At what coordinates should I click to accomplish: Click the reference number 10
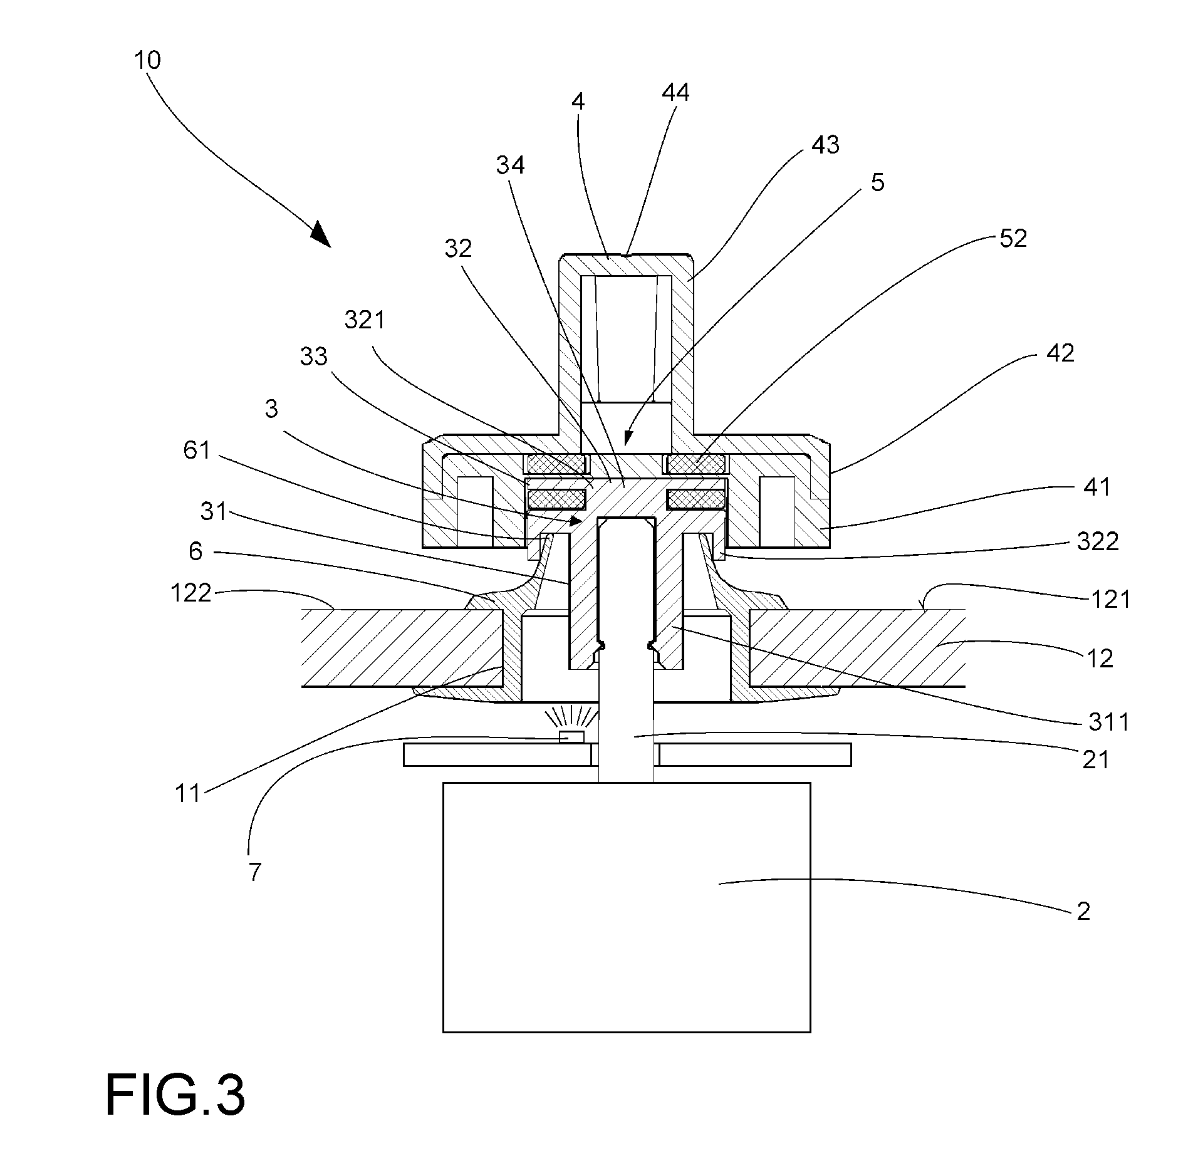coord(148,60)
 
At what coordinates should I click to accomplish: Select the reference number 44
coord(675,93)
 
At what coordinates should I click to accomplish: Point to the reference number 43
coord(825,145)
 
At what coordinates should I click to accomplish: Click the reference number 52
coord(1013,238)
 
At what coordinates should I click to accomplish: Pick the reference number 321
coord(365,320)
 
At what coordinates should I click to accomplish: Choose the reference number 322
coord(1098,541)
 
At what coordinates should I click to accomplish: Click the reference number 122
coord(191,592)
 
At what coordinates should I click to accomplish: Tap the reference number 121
coord(1111,600)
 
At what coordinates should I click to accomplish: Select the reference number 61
coord(197,450)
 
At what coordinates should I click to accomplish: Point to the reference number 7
coord(254,872)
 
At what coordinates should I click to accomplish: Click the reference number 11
coord(187,794)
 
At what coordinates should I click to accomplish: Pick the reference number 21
coord(1096,760)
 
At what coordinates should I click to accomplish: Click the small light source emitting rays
coord(571,737)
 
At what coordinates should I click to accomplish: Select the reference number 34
coord(511,165)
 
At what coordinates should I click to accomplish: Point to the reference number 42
coord(1060,353)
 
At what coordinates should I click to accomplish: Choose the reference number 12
coord(1100,658)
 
